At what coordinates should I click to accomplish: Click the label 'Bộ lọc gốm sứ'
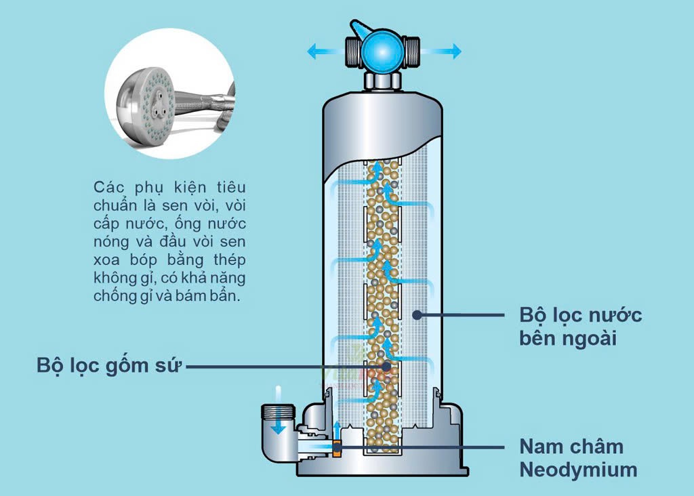[109, 365]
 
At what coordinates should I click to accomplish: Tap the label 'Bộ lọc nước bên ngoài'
[580, 326]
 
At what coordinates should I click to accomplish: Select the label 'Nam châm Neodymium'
[578, 457]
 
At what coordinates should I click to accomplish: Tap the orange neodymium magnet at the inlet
[337, 447]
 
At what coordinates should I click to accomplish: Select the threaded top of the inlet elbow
[278, 411]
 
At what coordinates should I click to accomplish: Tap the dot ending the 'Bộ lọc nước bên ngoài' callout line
[417, 314]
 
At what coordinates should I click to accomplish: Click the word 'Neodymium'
[578, 469]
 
